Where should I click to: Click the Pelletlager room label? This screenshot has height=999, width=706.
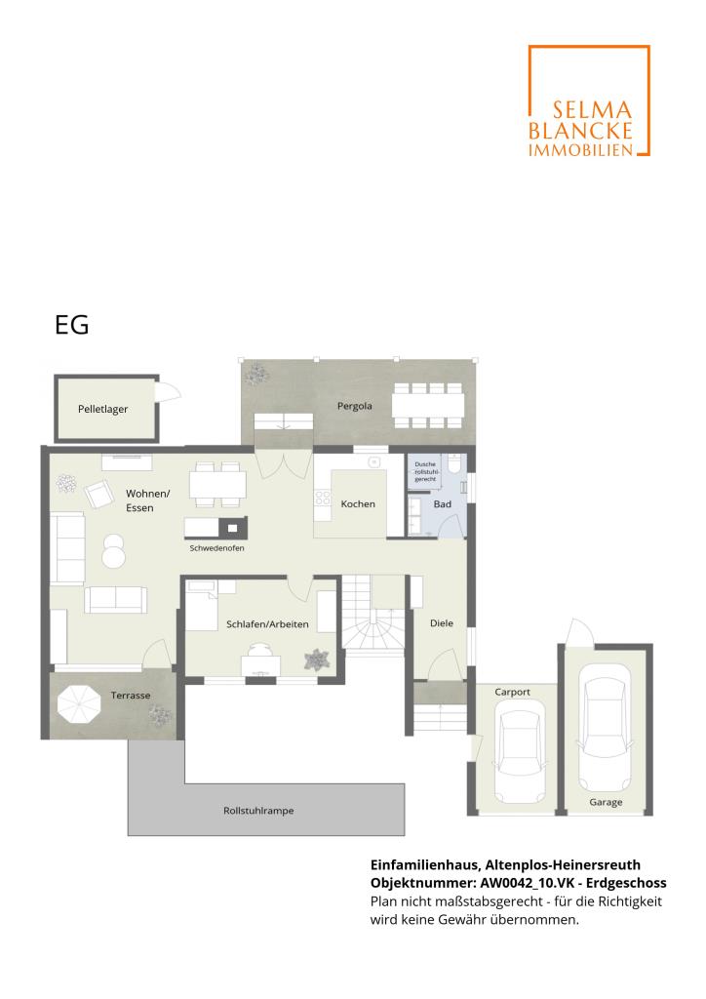(102, 409)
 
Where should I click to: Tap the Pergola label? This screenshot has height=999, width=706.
(355, 406)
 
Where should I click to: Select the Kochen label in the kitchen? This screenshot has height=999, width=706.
(358, 504)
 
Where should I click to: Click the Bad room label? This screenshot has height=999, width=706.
(443, 504)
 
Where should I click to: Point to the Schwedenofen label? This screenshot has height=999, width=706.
(216, 548)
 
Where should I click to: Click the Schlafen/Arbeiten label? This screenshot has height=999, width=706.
(267, 624)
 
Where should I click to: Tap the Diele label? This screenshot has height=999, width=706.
(442, 623)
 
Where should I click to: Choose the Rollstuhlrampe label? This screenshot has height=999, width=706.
(258, 811)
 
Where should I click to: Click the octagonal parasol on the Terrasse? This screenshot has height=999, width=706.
(80, 703)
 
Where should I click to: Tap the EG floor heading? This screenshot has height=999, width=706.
(72, 325)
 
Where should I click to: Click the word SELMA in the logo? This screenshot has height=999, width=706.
(592, 111)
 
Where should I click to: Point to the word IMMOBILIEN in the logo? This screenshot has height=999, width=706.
(580, 150)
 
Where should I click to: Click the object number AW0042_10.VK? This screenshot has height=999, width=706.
(527, 883)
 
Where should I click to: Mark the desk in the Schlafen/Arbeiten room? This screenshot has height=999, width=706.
(260, 665)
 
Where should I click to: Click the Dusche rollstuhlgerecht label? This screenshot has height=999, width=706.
(425, 471)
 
